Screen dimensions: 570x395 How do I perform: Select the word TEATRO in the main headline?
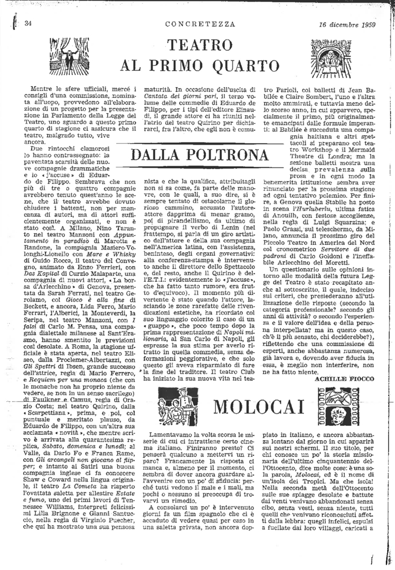199,45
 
